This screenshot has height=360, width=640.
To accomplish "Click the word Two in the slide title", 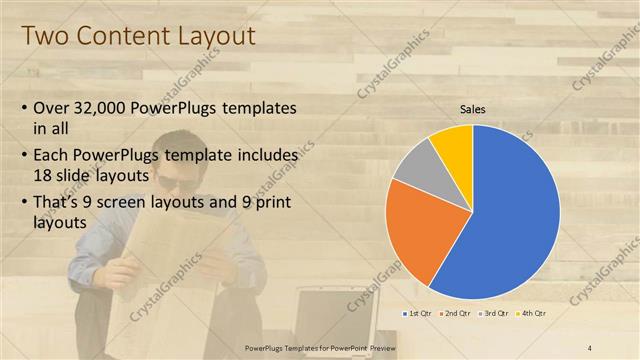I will point(44,36).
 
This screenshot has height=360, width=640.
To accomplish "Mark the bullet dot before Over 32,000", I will point(25,108).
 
